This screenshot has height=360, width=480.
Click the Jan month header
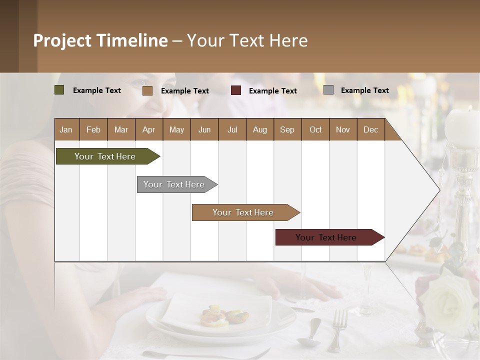[66, 129]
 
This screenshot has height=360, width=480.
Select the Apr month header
[148, 129]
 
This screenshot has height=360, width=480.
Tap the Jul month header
[232, 129]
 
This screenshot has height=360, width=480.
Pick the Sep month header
[287, 129]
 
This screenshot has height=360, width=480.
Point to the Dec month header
[370, 129]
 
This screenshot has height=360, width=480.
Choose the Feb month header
[93, 129]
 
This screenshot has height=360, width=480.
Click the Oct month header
[315, 129]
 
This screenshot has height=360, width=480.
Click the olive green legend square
[59, 90]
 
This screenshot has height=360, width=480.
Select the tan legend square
[147, 90]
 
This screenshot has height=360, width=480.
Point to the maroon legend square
[236, 90]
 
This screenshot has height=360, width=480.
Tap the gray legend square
[328, 90]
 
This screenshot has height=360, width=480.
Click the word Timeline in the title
[132, 40]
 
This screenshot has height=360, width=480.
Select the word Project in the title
[62, 40]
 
